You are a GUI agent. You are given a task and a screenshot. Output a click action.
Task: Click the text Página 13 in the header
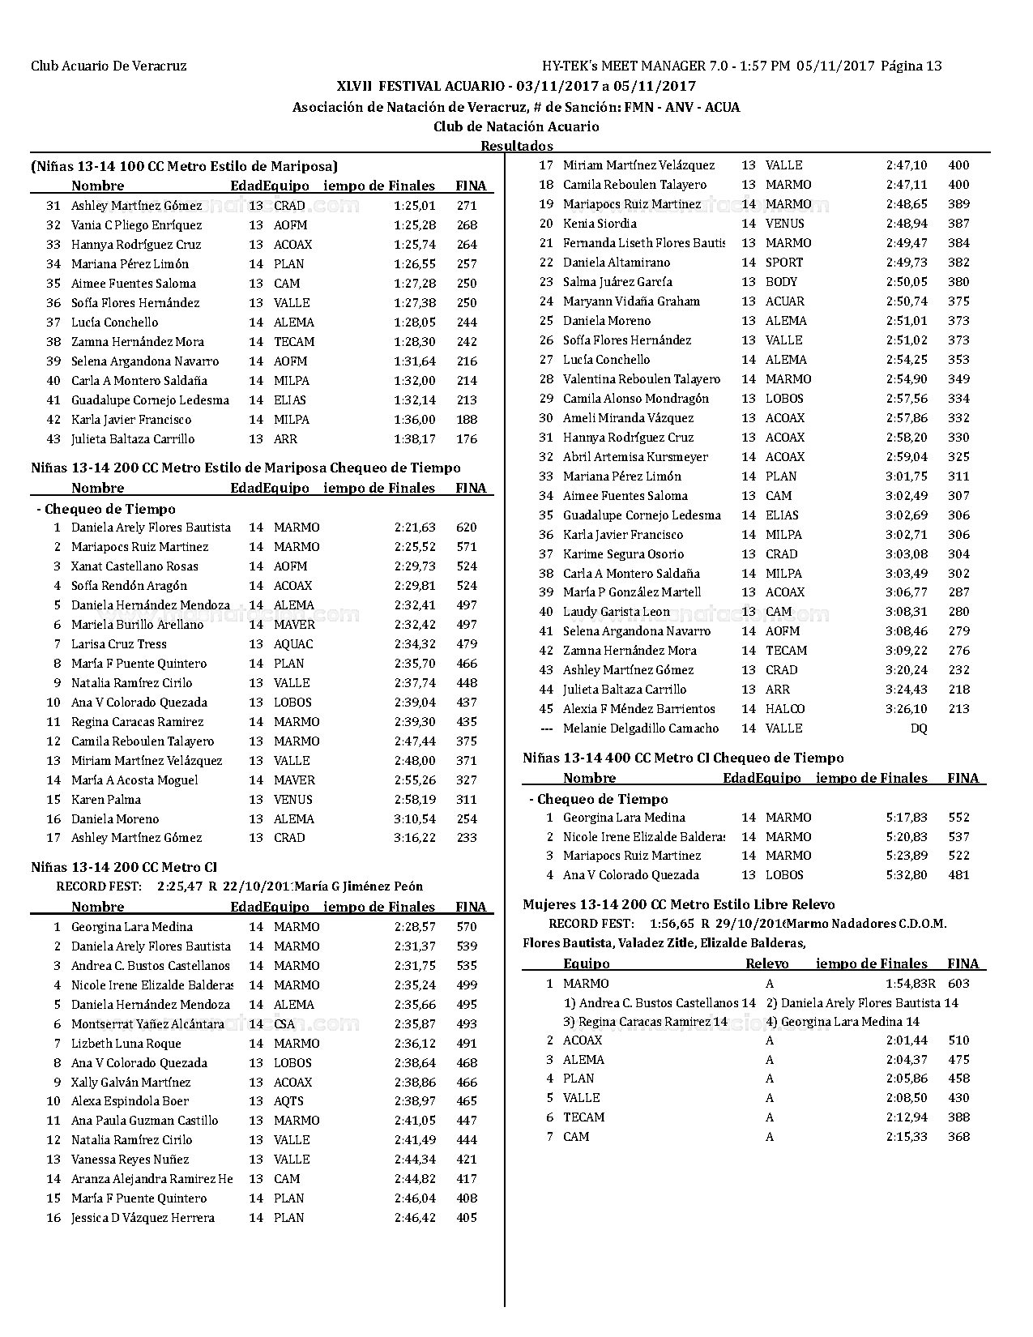click(x=911, y=66)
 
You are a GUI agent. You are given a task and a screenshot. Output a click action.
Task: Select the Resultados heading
click(x=517, y=146)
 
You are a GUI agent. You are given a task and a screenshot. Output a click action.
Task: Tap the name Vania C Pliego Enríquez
click(x=136, y=225)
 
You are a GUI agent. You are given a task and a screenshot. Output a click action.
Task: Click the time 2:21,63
click(x=415, y=528)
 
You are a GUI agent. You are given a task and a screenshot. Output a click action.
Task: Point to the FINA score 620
click(x=467, y=528)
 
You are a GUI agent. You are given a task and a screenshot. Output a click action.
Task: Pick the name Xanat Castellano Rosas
click(x=134, y=566)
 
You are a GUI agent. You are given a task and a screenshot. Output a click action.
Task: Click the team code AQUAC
click(x=293, y=644)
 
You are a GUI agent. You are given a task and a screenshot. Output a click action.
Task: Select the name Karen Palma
click(x=106, y=800)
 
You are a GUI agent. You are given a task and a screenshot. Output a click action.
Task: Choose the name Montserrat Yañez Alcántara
click(x=147, y=1024)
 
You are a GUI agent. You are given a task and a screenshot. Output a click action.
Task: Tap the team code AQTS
click(x=288, y=1101)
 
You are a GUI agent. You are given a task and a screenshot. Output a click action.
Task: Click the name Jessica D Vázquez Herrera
click(x=143, y=1218)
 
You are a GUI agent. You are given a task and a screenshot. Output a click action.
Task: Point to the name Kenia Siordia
click(x=600, y=224)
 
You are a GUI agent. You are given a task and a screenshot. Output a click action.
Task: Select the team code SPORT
click(x=784, y=263)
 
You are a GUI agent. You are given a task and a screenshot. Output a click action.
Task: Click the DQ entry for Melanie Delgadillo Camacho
click(x=919, y=728)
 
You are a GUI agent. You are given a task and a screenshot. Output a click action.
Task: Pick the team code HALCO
click(x=785, y=709)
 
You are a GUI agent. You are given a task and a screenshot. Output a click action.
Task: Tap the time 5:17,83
click(x=907, y=818)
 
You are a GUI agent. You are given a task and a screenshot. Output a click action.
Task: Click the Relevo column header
click(x=766, y=963)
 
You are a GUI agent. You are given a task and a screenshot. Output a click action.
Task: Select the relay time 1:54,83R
click(x=911, y=984)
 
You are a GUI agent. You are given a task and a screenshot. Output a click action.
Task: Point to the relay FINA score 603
click(x=958, y=984)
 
